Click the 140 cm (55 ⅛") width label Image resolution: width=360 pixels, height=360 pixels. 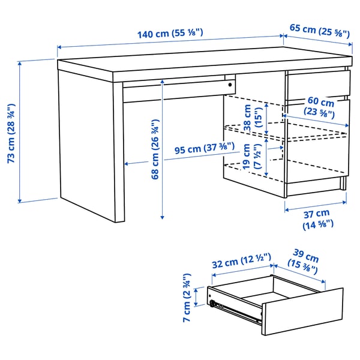pos(170,34)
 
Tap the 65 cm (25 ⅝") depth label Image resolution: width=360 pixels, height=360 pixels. pos(320,30)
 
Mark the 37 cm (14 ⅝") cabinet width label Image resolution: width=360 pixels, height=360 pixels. pos(316,219)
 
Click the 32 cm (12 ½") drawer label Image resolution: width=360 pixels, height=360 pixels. pos(241,262)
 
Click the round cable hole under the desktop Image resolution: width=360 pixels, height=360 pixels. pos(230,85)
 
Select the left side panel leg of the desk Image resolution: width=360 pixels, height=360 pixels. pos(90,150)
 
